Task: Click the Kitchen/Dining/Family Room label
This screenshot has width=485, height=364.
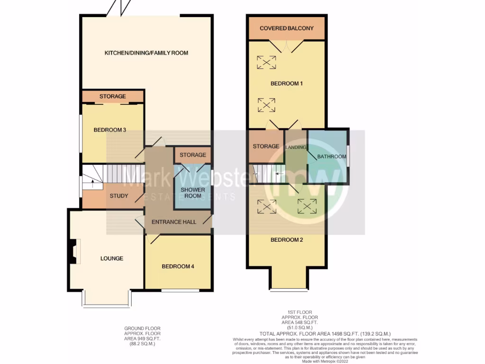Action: (146, 53)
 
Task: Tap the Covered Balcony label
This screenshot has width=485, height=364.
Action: (287, 28)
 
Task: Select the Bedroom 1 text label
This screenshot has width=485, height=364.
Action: (287, 83)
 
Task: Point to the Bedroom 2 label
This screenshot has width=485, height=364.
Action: (287, 240)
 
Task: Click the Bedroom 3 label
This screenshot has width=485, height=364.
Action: (109, 130)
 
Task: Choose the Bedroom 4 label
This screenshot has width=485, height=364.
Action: (178, 266)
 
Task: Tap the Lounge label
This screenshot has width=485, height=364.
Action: (112, 258)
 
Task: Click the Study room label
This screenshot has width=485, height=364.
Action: (119, 196)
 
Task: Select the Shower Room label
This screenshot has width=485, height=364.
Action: (193, 193)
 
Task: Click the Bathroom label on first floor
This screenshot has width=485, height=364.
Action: (332, 156)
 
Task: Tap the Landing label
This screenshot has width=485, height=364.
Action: (296, 147)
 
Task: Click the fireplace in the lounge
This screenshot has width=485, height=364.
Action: (73, 251)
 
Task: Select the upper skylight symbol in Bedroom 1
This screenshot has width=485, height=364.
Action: (267, 62)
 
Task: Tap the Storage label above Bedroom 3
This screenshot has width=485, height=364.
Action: (113, 96)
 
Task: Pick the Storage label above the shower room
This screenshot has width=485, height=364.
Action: (193, 155)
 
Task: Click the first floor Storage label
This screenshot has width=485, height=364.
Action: (266, 146)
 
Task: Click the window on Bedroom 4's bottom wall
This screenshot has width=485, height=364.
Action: (180, 290)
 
